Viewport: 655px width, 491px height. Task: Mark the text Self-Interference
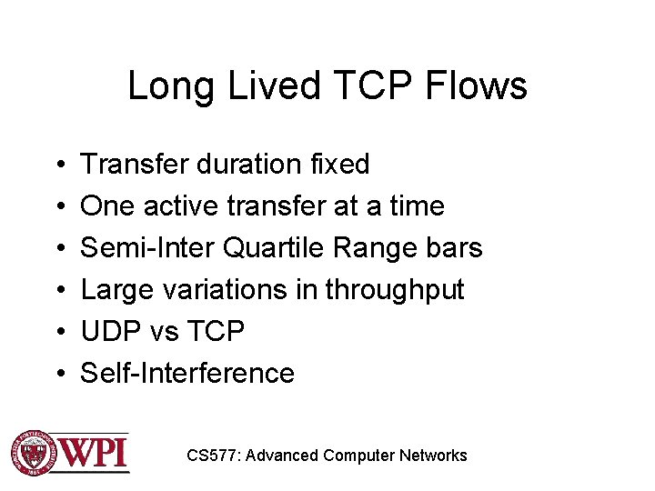(x=187, y=374)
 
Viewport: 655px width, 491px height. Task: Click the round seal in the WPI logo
(x=33, y=452)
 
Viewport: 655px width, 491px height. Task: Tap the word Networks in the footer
(x=433, y=456)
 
